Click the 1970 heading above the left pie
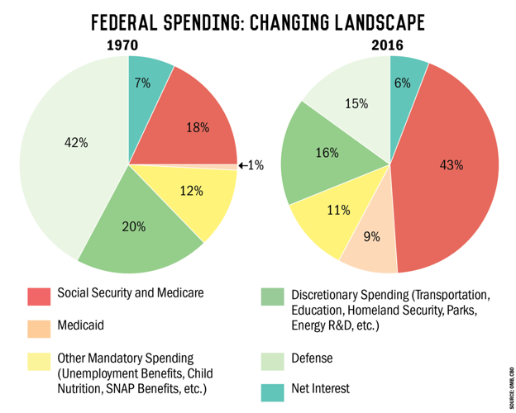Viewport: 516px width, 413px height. [x=122, y=45]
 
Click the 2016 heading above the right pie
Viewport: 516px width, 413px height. [x=389, y=45]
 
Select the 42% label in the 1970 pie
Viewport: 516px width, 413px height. [x=76, y=142]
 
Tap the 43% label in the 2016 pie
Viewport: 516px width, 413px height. [x=451, y=164]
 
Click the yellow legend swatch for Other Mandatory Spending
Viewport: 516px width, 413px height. [x=39, y=360]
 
